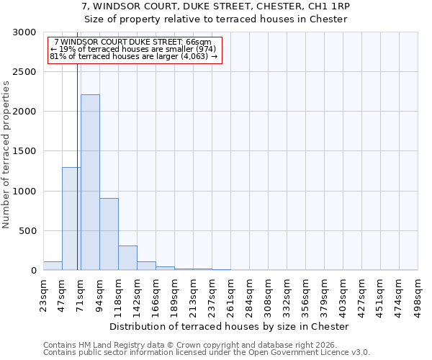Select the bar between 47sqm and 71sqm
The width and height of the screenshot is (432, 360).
point(71,219)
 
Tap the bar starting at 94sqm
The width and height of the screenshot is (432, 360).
point(109,234)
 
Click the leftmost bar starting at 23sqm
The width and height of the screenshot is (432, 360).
point(53,266)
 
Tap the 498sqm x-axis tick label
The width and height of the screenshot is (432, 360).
point(418,294)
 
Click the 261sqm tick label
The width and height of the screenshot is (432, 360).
point(230,294)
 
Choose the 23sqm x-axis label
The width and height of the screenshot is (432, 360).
point(43,294)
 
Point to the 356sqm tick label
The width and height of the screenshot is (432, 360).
point(305,294)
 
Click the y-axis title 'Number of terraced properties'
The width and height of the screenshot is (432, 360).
point(6,155)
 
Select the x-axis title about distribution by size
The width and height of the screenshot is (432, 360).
point(230,326)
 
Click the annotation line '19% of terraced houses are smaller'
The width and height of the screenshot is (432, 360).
point(133,49)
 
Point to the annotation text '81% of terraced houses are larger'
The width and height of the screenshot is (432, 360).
point(133,56)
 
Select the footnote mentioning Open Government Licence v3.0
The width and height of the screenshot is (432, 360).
point(207,353)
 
